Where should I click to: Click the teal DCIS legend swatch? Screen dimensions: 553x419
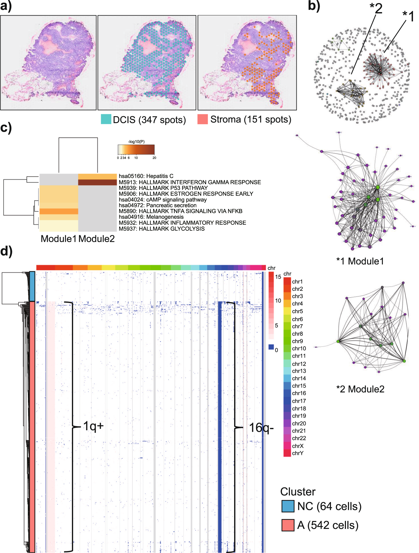coord(106,119)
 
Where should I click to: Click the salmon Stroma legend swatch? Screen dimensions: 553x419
coord(202,119)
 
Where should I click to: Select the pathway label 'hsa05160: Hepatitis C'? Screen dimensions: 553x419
coord(146,176)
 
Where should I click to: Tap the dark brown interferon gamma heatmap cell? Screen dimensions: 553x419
coord(97,182)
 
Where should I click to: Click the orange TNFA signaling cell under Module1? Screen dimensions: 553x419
coord(59,211)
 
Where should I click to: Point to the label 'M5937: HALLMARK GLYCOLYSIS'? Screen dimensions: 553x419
coord(161,229)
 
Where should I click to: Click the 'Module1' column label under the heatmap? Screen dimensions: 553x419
coord(59,239)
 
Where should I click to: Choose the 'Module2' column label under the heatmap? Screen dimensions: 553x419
coord(97,239)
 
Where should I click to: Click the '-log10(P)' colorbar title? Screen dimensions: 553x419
coord(136,141)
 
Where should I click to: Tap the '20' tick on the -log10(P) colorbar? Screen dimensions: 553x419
coord(154,158)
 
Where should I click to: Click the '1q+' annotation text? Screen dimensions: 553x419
coord(93,426)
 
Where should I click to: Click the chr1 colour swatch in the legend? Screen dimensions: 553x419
coord(287,281)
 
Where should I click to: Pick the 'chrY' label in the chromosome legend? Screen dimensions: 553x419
coord(298,453)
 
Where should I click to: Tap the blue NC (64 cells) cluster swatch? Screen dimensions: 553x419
coord(288,506)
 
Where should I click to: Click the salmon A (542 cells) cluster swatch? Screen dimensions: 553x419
coord(288,525)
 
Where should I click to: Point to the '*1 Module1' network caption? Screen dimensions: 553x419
coord(360,261)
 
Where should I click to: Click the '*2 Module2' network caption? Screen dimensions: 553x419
coord(360,389)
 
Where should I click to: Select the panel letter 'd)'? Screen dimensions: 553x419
coord(6,251)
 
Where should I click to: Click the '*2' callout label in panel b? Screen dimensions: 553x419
coord(376,9)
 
